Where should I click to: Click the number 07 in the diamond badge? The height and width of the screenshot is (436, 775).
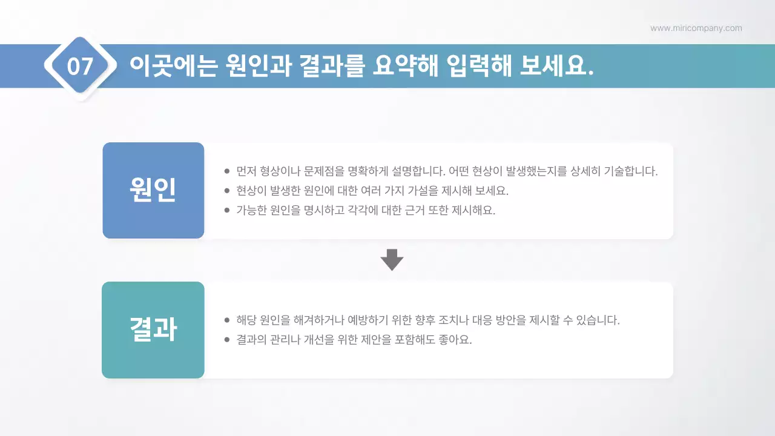click(x=80, y=66)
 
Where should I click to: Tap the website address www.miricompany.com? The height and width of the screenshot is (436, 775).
click(x=696, y=28)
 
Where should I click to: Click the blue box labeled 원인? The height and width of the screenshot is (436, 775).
click(x=153, y=190)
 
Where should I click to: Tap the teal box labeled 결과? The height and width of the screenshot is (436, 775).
click(x=153, y=330)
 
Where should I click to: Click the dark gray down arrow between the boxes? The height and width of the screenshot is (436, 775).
click(x=392, y=260)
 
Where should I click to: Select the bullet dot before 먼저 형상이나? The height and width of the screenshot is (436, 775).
click(x=227, y=171)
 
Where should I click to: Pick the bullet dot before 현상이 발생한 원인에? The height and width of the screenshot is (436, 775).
click(x=227, y=191)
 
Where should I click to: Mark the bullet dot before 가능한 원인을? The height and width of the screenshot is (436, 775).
click(x=227, y=211)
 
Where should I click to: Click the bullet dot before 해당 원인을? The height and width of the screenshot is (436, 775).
click(x=227, y=320)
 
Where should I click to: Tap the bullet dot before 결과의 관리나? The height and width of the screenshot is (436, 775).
click(x=227, y=340)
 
